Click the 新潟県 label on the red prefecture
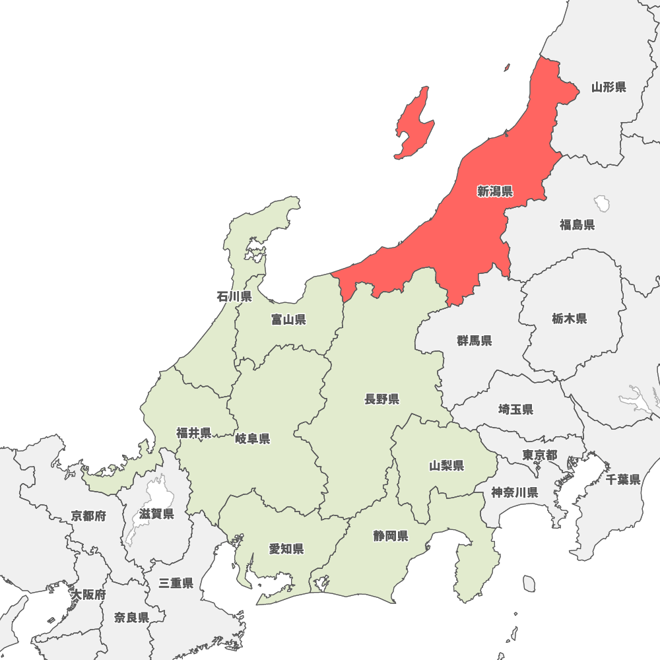[x=495, y=192]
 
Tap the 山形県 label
[x=609, y=87]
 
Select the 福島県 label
[x=577, y=225]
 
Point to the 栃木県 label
[x=570, y=319]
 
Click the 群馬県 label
[x=474, y=341]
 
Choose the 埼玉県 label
[x=515, y=410]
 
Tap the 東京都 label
[x=539, y=455]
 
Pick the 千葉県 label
[x=623, y=480]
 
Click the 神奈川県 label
[x=514, y=492]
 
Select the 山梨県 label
[x=446, y=466]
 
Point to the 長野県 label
[x=381, y=399]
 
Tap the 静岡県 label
[x=390, y=536]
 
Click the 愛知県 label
[x=286, y=549]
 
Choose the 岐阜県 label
[x=253, y=439]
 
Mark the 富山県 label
[x=288, y=320]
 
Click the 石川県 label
[x=234, y=296]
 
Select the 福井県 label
[x=193, y=433]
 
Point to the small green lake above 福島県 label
[x=602, y=201]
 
